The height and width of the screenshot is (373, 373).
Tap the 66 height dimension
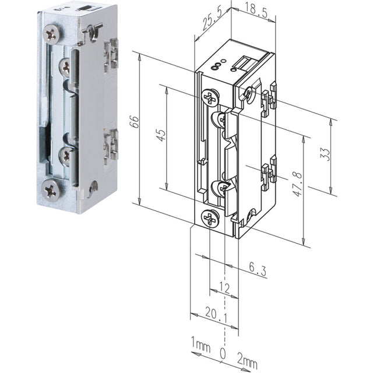tap(135, 122)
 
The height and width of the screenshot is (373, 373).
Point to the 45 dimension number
tap(161, 135)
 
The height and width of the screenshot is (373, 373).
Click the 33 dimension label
tap(325, 154)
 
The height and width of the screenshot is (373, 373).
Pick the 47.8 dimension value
tap(297, 184)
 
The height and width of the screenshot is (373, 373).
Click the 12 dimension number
tap(224, 288)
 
